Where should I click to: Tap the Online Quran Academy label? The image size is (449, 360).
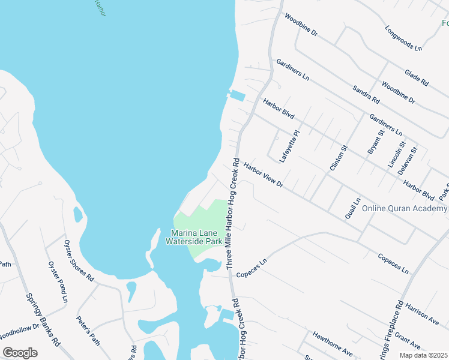pyautogui.click(x=405, y=209)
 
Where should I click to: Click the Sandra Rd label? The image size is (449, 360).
pyautogui.click(x=366, y=93)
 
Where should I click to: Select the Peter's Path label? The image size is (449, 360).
pyautogui.click(x=88, y=330)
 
